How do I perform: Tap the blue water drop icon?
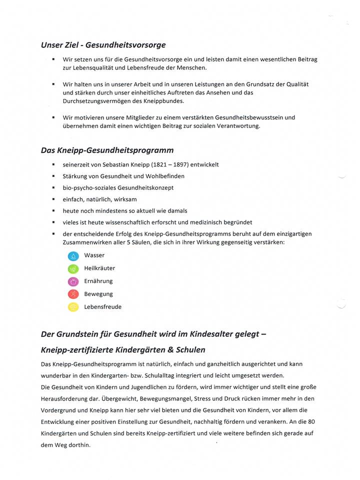tap(73, 256)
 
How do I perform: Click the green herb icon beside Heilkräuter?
tap(73, 269)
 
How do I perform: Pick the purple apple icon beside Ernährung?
tap(73, 281)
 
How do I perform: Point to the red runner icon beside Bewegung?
tap(73, 294)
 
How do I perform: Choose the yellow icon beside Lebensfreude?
tap(73, 307)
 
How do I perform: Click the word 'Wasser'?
tap(94, 255)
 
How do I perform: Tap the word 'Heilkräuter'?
tap(99, 268)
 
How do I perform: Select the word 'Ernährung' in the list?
tap(98, 281)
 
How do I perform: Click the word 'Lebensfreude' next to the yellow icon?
tap(102, 307)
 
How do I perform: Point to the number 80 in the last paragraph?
tap(312, 421)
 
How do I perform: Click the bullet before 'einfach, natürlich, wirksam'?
tap(53, 199)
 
